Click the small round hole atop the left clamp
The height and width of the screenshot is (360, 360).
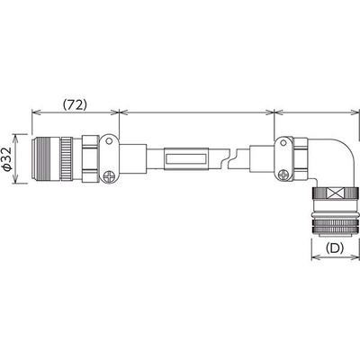click(107, 142)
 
